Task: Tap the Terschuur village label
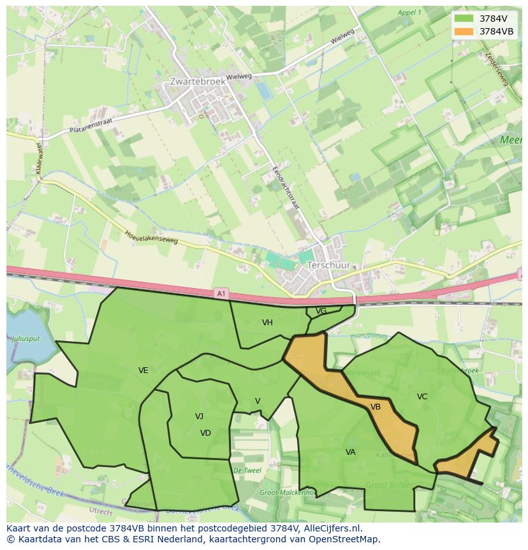coord(328,264)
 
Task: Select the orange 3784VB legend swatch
coord(464,31)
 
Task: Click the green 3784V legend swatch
coord(464,19)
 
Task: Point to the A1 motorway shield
coord(221,293)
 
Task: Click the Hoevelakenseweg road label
coord(151,238)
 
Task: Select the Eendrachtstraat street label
coord(286,188)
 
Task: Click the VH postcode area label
coord(267,323)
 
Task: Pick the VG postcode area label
coord(321,311)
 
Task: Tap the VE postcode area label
coord(143,370)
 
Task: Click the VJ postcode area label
coord(199,416)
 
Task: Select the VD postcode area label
coord(205,432)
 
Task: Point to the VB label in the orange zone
coord(376,406)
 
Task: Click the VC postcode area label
coord(422,397)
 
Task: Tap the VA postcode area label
coord(350,452)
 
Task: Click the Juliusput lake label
coord(26,339)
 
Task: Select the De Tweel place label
coord(247,470)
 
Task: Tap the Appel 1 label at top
coord(409,12)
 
